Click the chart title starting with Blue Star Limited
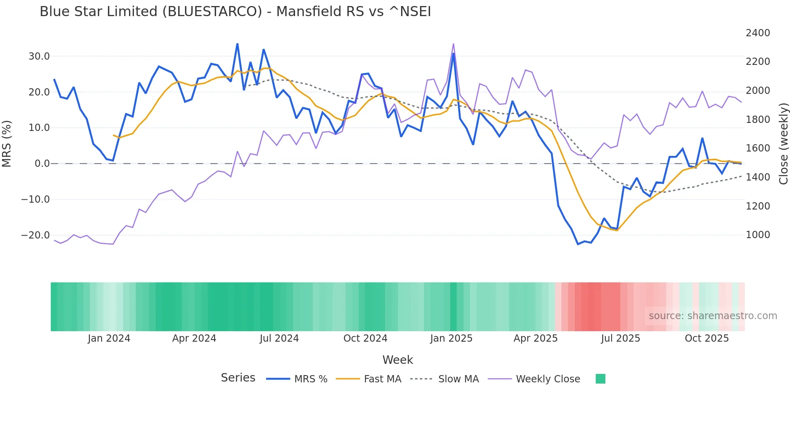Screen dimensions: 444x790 [x=235, y=12]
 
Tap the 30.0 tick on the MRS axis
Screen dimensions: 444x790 [x=39, y=56]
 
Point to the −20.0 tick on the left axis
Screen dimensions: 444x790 [x=35, y=235]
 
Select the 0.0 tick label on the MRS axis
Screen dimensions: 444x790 [x=42, y=164]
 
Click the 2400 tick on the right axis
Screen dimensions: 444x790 [x=758, y=33]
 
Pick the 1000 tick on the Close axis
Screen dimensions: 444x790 [x=758, y=235]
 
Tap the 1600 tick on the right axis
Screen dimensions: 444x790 [x=758, y=148]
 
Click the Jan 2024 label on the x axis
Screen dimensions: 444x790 [x=109, y=338]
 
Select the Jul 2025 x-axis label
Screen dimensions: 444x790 [x=620, y=338]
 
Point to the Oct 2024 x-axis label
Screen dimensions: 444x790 [x=365, y=338]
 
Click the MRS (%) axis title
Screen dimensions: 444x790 [x=7, y=144]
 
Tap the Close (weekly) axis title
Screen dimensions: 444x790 [x=783, y=144]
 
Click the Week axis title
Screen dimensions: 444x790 [x=397, y=360]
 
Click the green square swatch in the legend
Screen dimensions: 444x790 [x=600, y=379]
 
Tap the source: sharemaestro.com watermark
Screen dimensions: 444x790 [x=713, y=316]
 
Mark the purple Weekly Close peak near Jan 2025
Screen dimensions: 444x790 [x=453, y=44]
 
